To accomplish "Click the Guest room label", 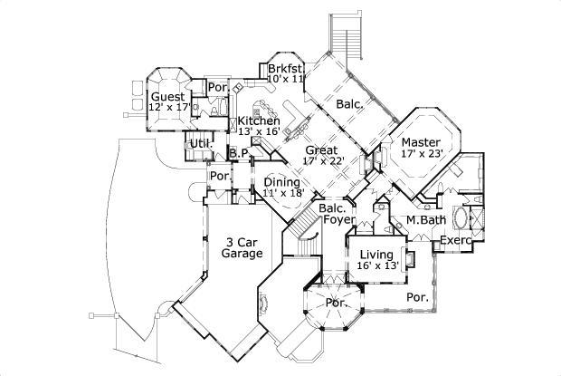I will point(167,97).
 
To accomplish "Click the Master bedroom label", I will point(421,142).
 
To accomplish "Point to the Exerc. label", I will point(456,240).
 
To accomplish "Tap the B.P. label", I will point(239,154).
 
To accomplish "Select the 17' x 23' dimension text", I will point(421,154).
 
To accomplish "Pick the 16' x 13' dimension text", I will point(376,265).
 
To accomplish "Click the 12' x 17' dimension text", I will point(167,108).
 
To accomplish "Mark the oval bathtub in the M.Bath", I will point(461,218).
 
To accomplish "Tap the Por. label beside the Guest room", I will point(216,88).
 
